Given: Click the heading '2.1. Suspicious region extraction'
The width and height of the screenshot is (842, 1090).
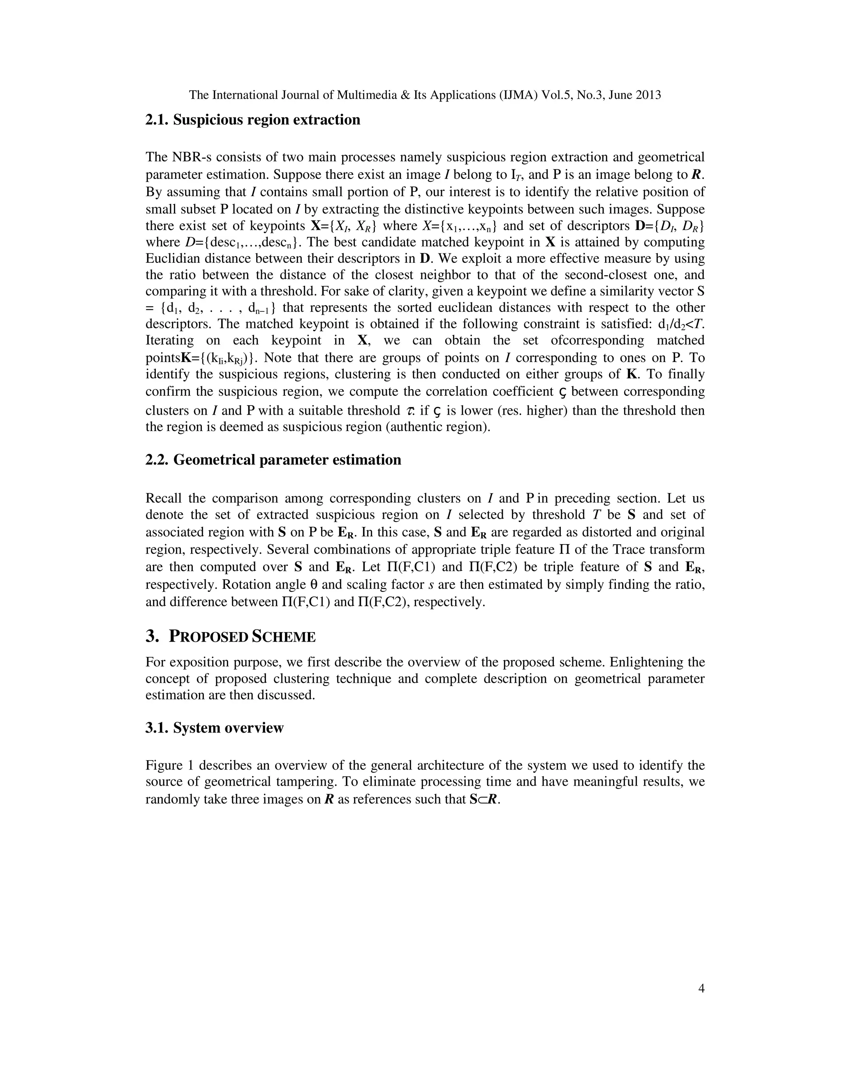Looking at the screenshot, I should pos(252,120).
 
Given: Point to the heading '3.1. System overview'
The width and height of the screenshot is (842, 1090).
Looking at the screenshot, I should pos(215,728).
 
